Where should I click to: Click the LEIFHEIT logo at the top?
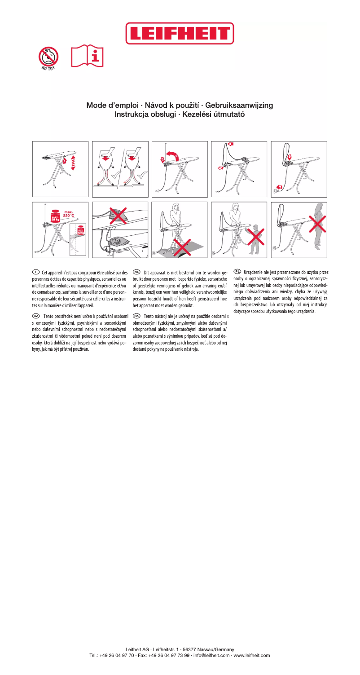point(180,33)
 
